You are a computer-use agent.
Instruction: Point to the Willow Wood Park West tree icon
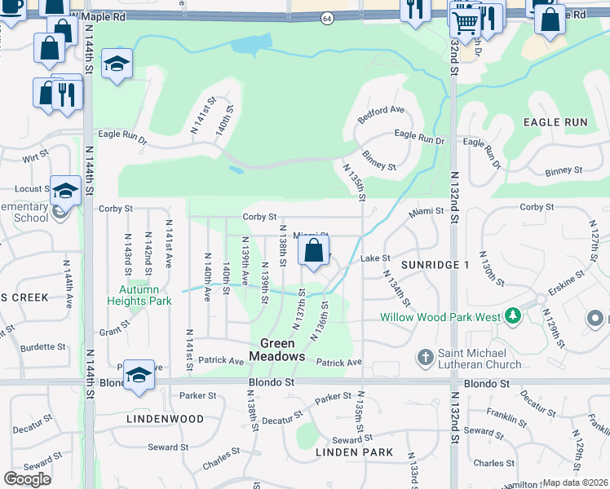[x=512, y=315]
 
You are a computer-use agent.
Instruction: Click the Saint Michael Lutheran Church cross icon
[x=424, y=357]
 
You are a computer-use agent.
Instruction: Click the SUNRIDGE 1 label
[x=435, y=266]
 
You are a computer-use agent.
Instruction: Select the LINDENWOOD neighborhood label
[x=166, y=419]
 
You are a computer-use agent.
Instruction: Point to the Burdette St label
[x=43, y=347]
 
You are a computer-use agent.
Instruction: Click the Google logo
[x=27, y=479]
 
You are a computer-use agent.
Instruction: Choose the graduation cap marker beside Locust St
[x=65, y=192]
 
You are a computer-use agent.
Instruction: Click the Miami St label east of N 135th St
[x=427, y=211]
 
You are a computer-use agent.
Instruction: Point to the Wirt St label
[x=36, y=156]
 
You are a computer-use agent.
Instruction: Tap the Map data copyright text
[x=576, y=482]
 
